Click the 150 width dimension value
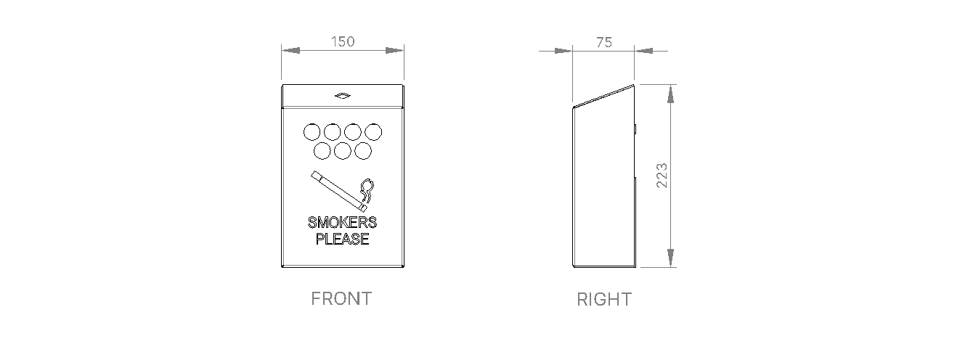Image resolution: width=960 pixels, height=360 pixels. coord(343,41)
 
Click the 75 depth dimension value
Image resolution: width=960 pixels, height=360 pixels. coord(603,42)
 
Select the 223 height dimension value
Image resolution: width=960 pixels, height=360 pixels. coord(662,176)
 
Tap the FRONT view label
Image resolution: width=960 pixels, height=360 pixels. coord(341,298)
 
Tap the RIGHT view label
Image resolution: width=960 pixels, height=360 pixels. coord(604,299)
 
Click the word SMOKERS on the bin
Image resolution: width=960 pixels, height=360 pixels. coord(342,223)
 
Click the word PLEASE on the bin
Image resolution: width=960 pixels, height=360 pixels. coord(342,239)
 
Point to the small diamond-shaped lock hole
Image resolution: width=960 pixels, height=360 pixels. coord(342,95)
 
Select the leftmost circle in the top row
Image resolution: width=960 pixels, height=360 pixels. coord(312,132)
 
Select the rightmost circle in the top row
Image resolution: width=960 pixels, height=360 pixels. coord(373,132)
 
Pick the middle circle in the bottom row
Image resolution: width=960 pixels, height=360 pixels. coord(343,150)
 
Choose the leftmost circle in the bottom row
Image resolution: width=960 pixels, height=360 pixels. coord(322,150)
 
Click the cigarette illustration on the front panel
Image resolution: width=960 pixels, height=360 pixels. coord(337,188)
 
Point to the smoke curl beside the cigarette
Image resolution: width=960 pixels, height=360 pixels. coord(367,190)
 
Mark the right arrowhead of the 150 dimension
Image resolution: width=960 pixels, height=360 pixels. coord(394,51)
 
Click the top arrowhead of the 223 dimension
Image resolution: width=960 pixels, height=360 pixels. coord(670,94)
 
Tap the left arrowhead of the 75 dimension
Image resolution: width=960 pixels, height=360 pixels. coord(563,51)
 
